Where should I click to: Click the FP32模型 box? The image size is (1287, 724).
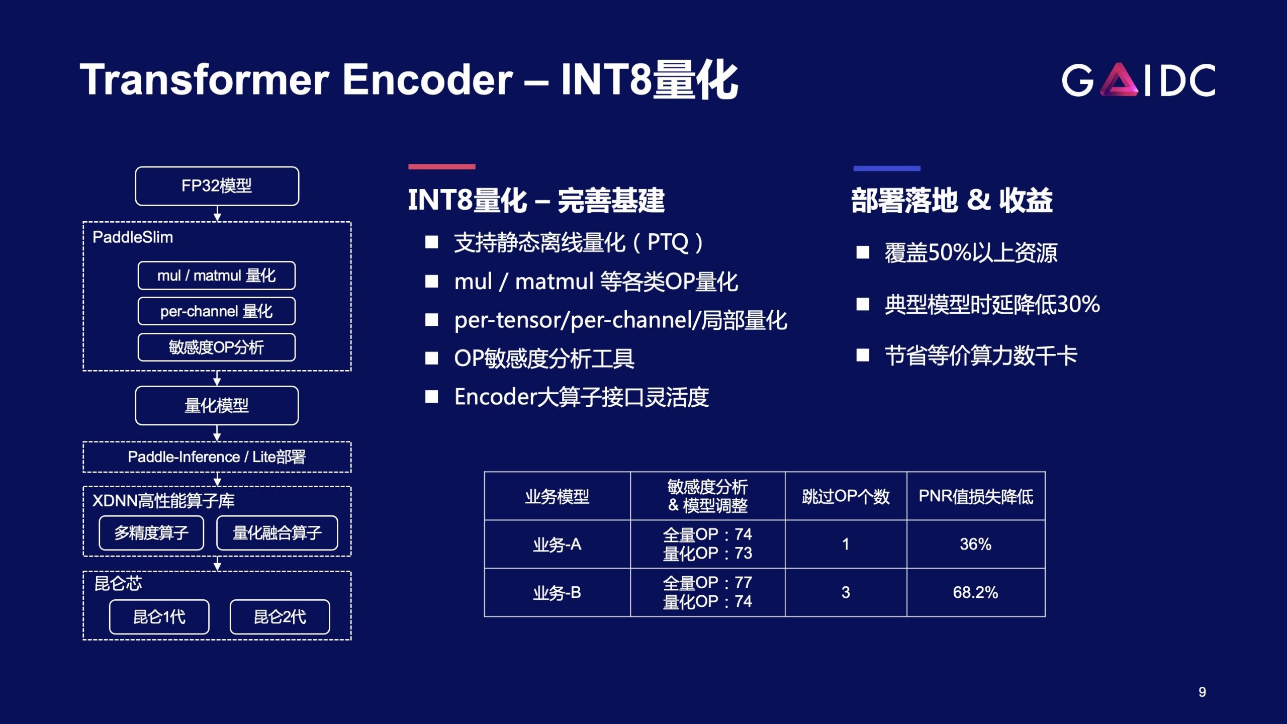tap(217, 186)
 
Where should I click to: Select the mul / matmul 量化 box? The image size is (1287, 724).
tap(217, 276)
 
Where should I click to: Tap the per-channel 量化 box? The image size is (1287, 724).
tap(217, 311)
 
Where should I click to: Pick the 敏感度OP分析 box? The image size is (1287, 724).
tap(217, 347)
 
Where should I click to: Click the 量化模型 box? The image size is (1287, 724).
tap(217, 405)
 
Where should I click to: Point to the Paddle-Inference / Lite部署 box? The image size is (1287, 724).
tap(217, 457)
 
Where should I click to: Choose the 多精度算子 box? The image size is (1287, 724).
tap(151, 532)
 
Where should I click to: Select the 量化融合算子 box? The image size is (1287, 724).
tap(277, 532)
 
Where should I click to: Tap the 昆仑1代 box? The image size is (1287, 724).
tap(159, 617)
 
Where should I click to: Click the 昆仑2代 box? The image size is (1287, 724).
tap(280, 617)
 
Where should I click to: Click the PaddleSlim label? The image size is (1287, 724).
tap(133, 237)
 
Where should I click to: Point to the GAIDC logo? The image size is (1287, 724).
tap(1139, 79)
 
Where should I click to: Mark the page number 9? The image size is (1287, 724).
tap(1202, 692)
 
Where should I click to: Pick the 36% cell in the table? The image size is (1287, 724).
tap(976, 544)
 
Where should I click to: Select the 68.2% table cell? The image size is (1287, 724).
tap(976, 592)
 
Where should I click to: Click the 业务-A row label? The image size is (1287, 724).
tap(557, 545)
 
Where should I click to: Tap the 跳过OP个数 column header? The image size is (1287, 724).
tap(846, 496)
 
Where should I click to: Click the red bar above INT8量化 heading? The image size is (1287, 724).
tap(442, 166)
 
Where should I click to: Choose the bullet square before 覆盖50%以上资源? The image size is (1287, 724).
tap(863, 252)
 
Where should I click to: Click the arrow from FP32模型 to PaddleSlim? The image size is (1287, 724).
tap(217, 214)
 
